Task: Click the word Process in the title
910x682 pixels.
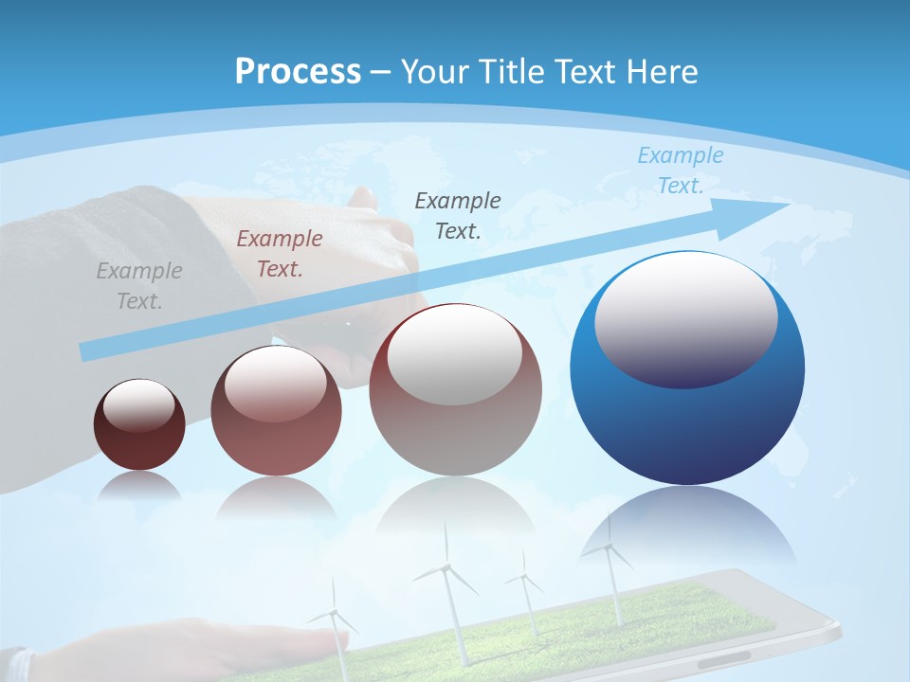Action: click(x=298, y=72)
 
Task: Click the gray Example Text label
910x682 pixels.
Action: click(x=139, y=286)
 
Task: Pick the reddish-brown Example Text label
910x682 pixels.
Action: click(x=280, y=254)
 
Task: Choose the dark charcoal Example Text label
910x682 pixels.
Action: click(x=458, y=216)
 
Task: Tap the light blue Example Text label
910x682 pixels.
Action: click(x=680, y=170)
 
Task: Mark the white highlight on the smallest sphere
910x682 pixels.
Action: click(x=139, y=405)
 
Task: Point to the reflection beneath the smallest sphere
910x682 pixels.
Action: click(x=139, y=485)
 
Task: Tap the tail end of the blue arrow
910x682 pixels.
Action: click(x=88, y=352)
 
